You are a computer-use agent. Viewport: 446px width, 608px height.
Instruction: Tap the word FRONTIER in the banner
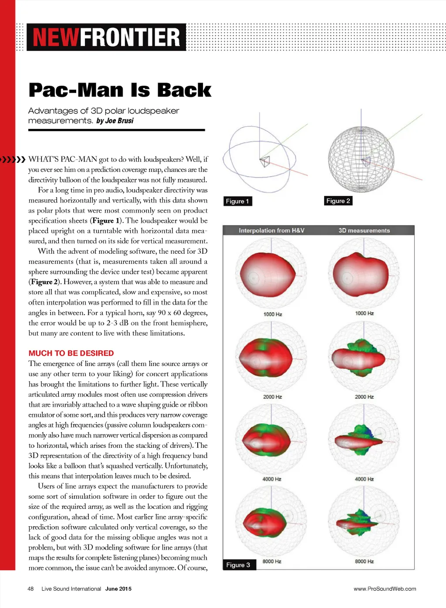[130, 37]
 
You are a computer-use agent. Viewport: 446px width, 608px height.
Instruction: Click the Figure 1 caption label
[237, 201]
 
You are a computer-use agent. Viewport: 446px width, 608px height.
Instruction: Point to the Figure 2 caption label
[338, 201]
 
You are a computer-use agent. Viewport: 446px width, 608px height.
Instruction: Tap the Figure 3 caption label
[238, 565]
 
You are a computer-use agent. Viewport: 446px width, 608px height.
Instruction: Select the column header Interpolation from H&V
[271, 231]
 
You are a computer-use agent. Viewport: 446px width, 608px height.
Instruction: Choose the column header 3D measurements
[364, 231]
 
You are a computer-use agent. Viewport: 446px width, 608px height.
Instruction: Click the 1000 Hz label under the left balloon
[273, 314]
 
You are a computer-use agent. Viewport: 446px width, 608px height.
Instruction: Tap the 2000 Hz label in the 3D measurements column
[364, 397]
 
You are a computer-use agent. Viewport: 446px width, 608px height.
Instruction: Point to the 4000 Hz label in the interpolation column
[272, 479]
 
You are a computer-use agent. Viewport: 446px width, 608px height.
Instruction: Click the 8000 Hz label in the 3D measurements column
[364, 561]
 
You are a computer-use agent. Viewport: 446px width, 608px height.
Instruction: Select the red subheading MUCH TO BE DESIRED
[71, 353]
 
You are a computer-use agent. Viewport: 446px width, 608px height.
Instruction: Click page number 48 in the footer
[30, 589]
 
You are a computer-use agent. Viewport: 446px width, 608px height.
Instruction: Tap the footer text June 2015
[118, 589]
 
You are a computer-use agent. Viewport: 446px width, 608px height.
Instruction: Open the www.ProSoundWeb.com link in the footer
[385, 589]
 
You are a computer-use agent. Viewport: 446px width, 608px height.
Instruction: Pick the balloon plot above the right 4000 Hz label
[364, 440]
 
